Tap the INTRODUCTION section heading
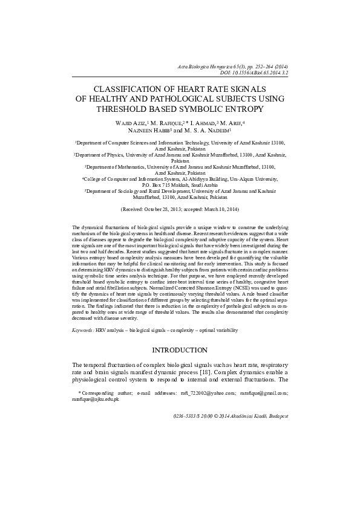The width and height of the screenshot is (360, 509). (x=180, y=351)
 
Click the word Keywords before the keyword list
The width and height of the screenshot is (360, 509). (x=82, y=331)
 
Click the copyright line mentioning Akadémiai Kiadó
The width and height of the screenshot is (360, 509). (x=231, y=417)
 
